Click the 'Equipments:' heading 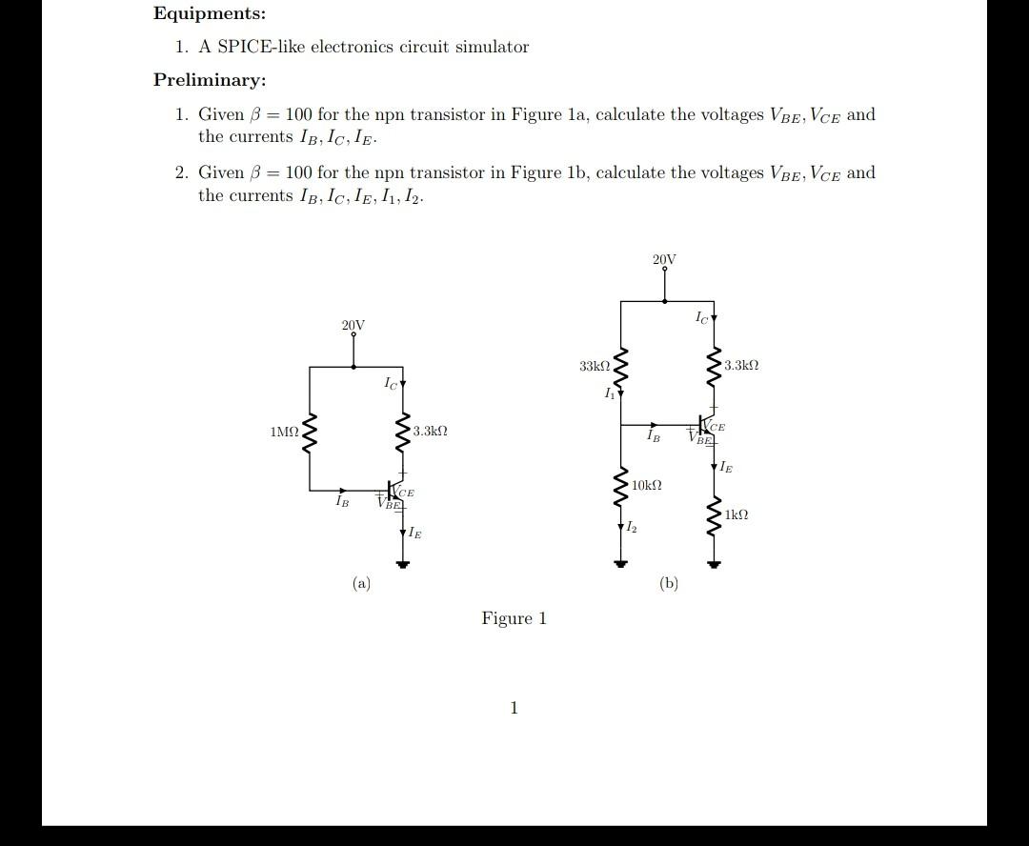click(x=210, y=14)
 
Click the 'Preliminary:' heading click(x=210, y=80)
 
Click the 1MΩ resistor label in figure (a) click(x=284, y=433)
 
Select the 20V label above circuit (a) click(x=353, y=326)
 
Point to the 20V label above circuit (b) click(x=664, y=259)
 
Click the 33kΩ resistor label click(x=594, y=366)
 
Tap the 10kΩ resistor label click(x=646, y=486)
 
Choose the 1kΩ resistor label click(x=736, y=514)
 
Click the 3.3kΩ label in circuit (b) click(x=741, y=366)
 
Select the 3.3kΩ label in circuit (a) click(x=430, y=432)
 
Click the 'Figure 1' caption click(x=514, y=618)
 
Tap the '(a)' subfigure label click(x=361, y=583)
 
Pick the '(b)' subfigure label click(x=668, y=583)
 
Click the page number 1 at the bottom click(x=514, y=708)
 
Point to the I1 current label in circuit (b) click(x=608, y=393)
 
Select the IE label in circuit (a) click(x=414, y=533)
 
